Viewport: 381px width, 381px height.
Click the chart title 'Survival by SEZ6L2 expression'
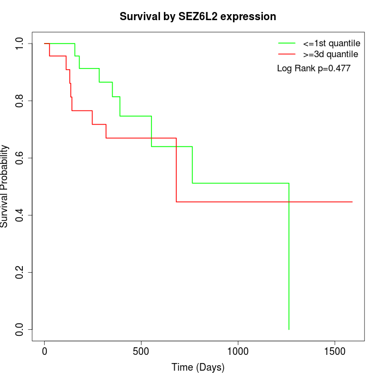tap(198, 17)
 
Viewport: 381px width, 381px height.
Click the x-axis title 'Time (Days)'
tap(198, 367)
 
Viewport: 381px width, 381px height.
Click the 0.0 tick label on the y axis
tap(20, 329)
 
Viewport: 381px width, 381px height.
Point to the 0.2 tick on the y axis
tap(20, 272)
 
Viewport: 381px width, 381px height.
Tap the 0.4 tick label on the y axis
tap(20, 215)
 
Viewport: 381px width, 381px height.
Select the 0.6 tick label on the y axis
tap(20, 158)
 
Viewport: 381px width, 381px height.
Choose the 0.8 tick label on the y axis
tap(20, 101)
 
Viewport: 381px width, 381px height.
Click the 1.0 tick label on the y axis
tap(20, 44)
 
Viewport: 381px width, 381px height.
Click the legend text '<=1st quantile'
tap(331, 43)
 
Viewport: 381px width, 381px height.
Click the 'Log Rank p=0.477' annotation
tap(314, 68)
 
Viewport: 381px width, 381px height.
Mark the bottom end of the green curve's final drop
tap(288, 329)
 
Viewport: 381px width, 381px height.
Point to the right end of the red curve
tap(352, 202)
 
